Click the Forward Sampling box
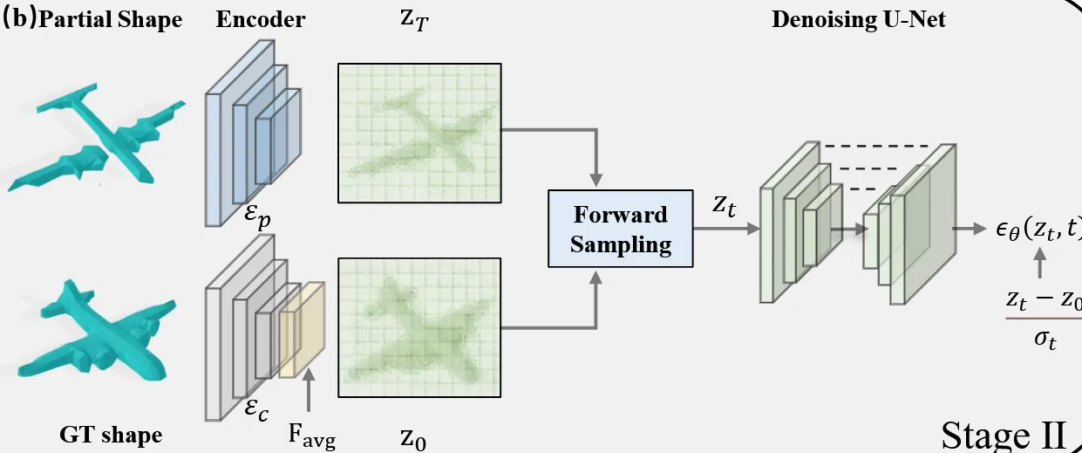click(621, 229)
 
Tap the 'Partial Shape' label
click(111, 20)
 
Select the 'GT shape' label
click(112, 435)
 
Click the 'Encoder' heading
click(261, 20)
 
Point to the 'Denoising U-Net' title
click(858, 20)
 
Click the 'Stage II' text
click(1004, 434)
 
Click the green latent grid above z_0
click(419, 328)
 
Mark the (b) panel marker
click(17, 20)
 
